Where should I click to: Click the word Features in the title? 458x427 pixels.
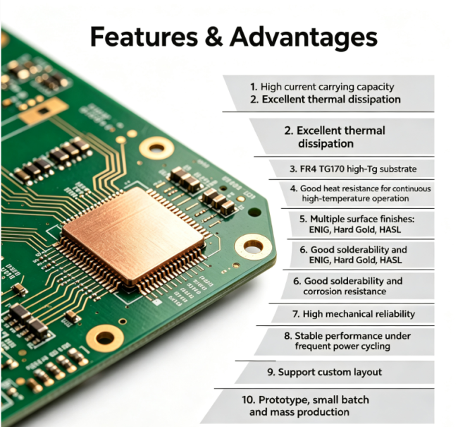click(144, 37)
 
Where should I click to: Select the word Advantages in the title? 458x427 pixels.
click(304, 37)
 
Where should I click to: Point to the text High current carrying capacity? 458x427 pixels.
click(327, 87)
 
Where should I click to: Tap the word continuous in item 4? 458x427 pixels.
click(409, 188)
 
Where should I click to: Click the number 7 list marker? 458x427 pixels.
click(296, 314)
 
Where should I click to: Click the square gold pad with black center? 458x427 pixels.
click(44, 111)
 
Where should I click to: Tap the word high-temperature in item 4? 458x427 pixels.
click(330, 199)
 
